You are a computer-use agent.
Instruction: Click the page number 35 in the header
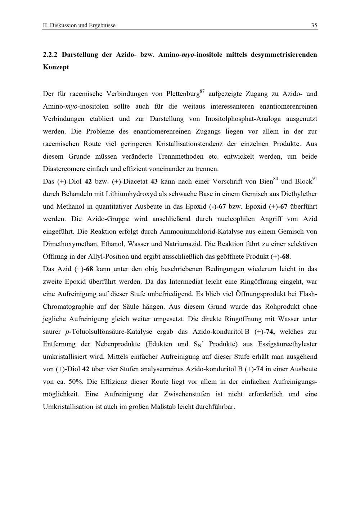[x=314, y=26]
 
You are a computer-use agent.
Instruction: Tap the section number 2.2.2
[x=50, y=55]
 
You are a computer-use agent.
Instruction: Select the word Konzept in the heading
[x=56, y=67]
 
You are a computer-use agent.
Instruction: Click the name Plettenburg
[x=183, y=94]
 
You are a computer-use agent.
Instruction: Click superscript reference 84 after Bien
[x=276, y=179]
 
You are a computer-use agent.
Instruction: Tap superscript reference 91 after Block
[x=314, y=179]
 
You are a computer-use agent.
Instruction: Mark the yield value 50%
[x=76, y=382]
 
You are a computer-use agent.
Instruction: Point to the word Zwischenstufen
[x=187, y=394]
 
